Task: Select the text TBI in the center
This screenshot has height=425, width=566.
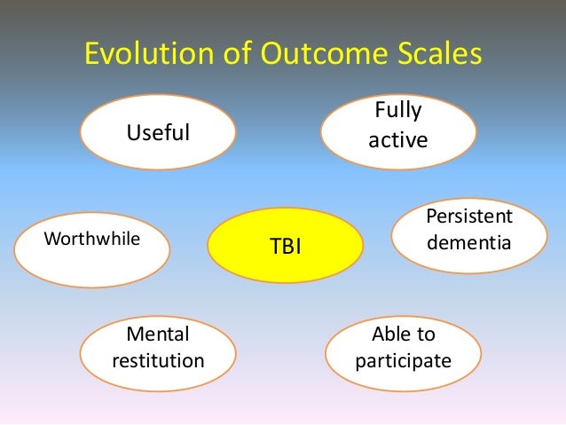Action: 286,246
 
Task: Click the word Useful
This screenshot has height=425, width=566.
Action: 159,133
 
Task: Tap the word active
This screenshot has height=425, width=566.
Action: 398,141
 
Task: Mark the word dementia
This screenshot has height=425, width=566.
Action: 469,240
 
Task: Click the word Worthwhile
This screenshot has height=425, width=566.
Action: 91,238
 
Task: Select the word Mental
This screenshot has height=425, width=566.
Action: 159,335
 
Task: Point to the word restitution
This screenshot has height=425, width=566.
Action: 159,361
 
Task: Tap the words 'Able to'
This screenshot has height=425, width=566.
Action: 403,335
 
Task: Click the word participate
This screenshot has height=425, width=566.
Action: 403,361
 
